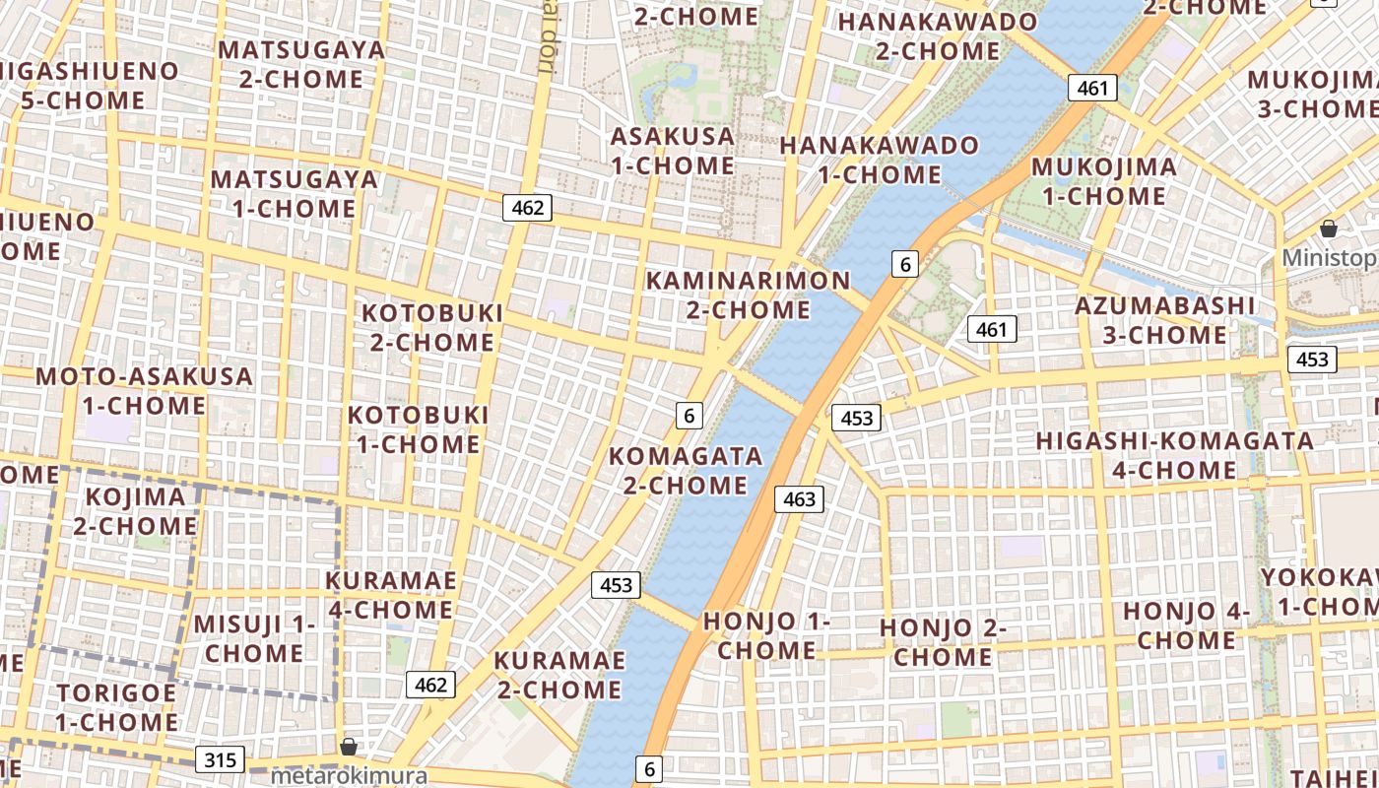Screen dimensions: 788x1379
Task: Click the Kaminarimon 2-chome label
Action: tap(748, 295)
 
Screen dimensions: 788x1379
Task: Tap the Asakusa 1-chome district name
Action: tap(673, 151)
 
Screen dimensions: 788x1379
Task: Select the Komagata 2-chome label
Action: tap(686, 470)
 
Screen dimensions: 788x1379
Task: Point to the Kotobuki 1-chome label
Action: tap(418, 429)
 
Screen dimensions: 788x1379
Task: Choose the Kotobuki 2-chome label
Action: tap(432, 327)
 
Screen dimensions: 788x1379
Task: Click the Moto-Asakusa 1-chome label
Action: tap(144, 390)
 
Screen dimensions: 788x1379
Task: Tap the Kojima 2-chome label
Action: tap(135, 510)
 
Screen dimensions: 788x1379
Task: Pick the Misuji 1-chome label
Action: tap(254, 637)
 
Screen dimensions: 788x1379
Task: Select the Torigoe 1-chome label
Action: tap(116, 706)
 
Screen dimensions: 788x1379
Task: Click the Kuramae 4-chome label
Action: tap(391, 595)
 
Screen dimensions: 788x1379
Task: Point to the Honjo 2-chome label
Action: tap(943, 641)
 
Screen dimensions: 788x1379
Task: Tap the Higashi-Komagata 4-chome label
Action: tap(1174, 454)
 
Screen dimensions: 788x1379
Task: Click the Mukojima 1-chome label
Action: tap(1103, 180)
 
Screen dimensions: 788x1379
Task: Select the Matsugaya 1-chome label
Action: tap(295, 193)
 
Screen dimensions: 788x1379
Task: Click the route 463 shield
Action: tap(799, 499)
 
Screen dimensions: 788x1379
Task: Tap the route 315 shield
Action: tap(220, 759)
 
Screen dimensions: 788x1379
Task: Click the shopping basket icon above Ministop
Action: tap(1329, 229)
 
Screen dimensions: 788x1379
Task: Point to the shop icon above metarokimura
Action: tap(348, 747)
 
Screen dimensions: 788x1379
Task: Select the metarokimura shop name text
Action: tap(349, 775)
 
